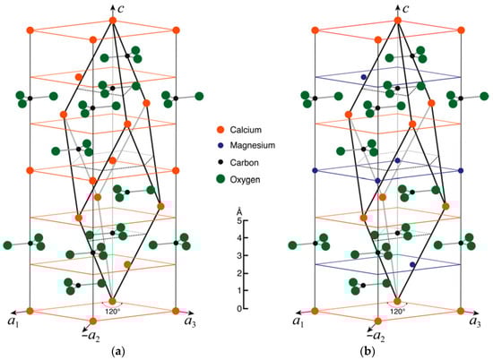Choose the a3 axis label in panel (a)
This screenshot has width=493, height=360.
click(x=190, y=321)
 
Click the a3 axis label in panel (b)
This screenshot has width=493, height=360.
click(x=474, y=321)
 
